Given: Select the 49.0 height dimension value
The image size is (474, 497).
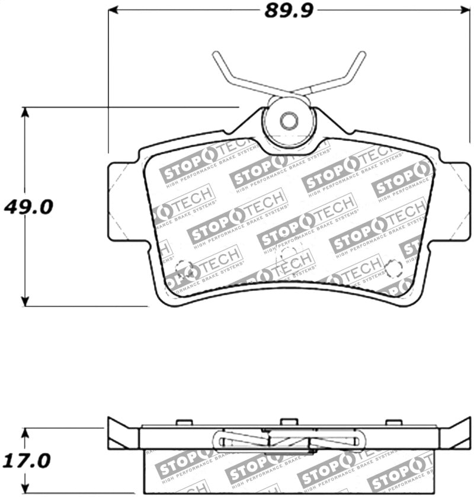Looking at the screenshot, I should click(29, 207).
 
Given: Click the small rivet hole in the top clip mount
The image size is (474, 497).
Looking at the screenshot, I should click(289, 121).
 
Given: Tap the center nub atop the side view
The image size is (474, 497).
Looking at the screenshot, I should click(289, 422).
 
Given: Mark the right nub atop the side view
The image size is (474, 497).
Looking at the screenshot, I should click(393, 423).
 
